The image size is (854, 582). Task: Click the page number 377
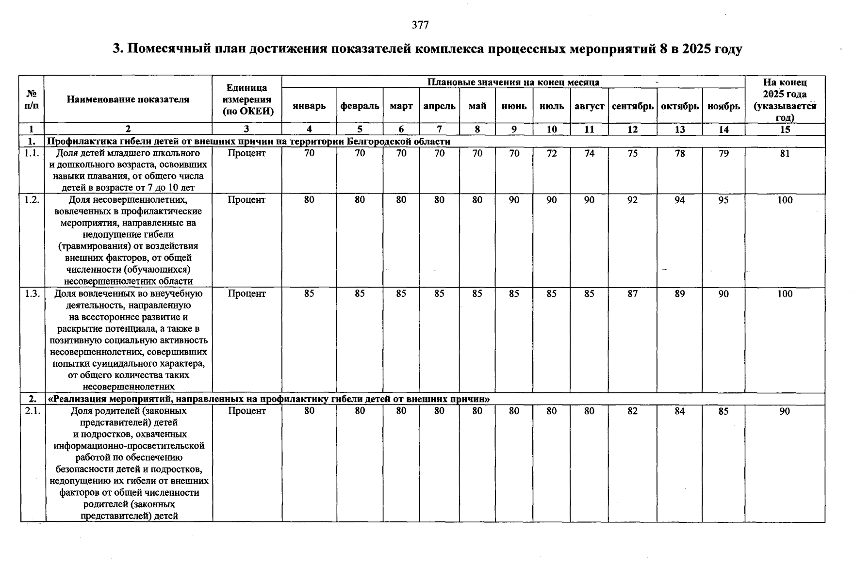(x=420, y=25)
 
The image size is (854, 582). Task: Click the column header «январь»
(x=309, y=106)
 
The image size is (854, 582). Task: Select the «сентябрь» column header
(x=632, y=106)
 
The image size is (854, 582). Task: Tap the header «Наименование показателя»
(x=128, y=99)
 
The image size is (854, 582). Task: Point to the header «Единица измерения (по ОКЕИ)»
(x=246, y=99)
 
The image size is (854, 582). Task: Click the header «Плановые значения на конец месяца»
(x=513, y=82)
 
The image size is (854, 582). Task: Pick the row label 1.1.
(x=32, y=153)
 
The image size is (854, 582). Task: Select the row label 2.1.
(x=32, y=411)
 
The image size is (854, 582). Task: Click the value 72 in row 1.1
(x=552, y=154)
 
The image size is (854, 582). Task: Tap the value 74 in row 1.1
(x=589, y=154)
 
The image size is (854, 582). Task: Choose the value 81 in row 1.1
(x=785, y=154)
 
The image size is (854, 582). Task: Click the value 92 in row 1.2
(x=632, y=200)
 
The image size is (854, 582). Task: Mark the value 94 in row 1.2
(x=679, y=200)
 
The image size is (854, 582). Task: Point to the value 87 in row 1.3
(x=632, y=294)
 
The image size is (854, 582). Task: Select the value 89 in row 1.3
(x=679, y=294)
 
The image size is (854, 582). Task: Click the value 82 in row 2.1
(x=632, y=411)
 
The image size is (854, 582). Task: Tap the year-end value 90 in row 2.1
(x=785, y=411)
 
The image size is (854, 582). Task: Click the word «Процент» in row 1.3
(x=246, y=293)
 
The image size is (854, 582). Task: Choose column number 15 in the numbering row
(x=785, y=129)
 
